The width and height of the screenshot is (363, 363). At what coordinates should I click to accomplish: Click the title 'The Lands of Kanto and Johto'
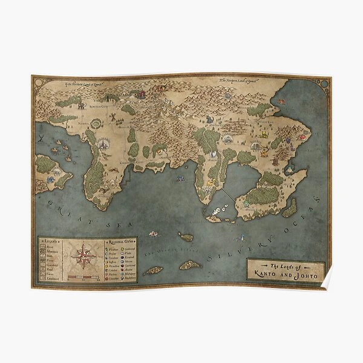coord(286,269)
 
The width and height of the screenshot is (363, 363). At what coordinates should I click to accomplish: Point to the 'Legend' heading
coord(50,241)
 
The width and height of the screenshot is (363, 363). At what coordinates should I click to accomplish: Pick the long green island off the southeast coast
coord(290,209)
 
